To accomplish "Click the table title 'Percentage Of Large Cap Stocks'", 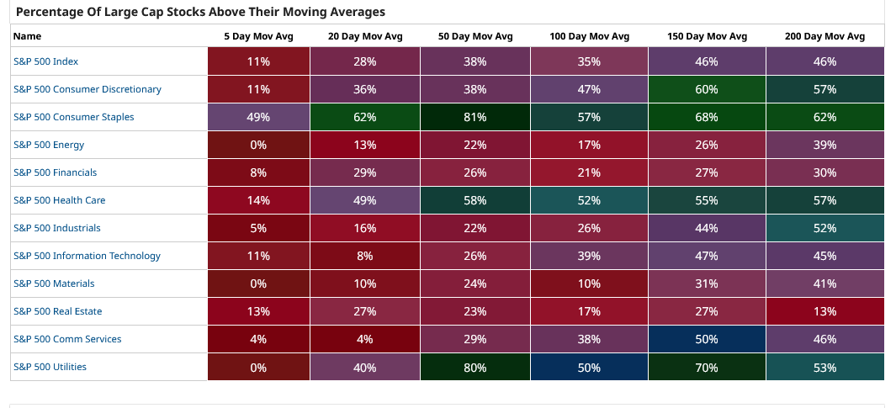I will point(200,12).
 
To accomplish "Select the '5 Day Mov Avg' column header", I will point(258,36).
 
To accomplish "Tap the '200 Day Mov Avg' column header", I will point(824,36).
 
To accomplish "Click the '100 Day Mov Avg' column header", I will point(589,36).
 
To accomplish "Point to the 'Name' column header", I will point(27,36).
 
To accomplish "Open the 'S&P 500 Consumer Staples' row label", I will point(73,117).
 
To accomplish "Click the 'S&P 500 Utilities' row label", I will point(50,367).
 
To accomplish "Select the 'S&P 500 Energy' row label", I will point(49,145).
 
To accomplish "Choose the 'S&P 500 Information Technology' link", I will point(87,256).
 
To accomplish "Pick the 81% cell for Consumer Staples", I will point(475,117).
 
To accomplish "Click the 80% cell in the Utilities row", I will point(475,367).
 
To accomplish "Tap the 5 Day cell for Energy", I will point(258,145).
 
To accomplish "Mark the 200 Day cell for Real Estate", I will point(824,311).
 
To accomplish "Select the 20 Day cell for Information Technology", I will point(365,256).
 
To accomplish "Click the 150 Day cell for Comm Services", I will point(707,339).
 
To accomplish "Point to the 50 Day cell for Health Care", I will point(475,200).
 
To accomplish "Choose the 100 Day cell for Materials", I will point(589,283).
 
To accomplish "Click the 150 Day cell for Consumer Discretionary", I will point(707,89).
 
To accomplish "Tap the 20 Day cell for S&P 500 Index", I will point(365,61).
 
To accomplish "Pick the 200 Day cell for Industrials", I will point(824,228).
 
